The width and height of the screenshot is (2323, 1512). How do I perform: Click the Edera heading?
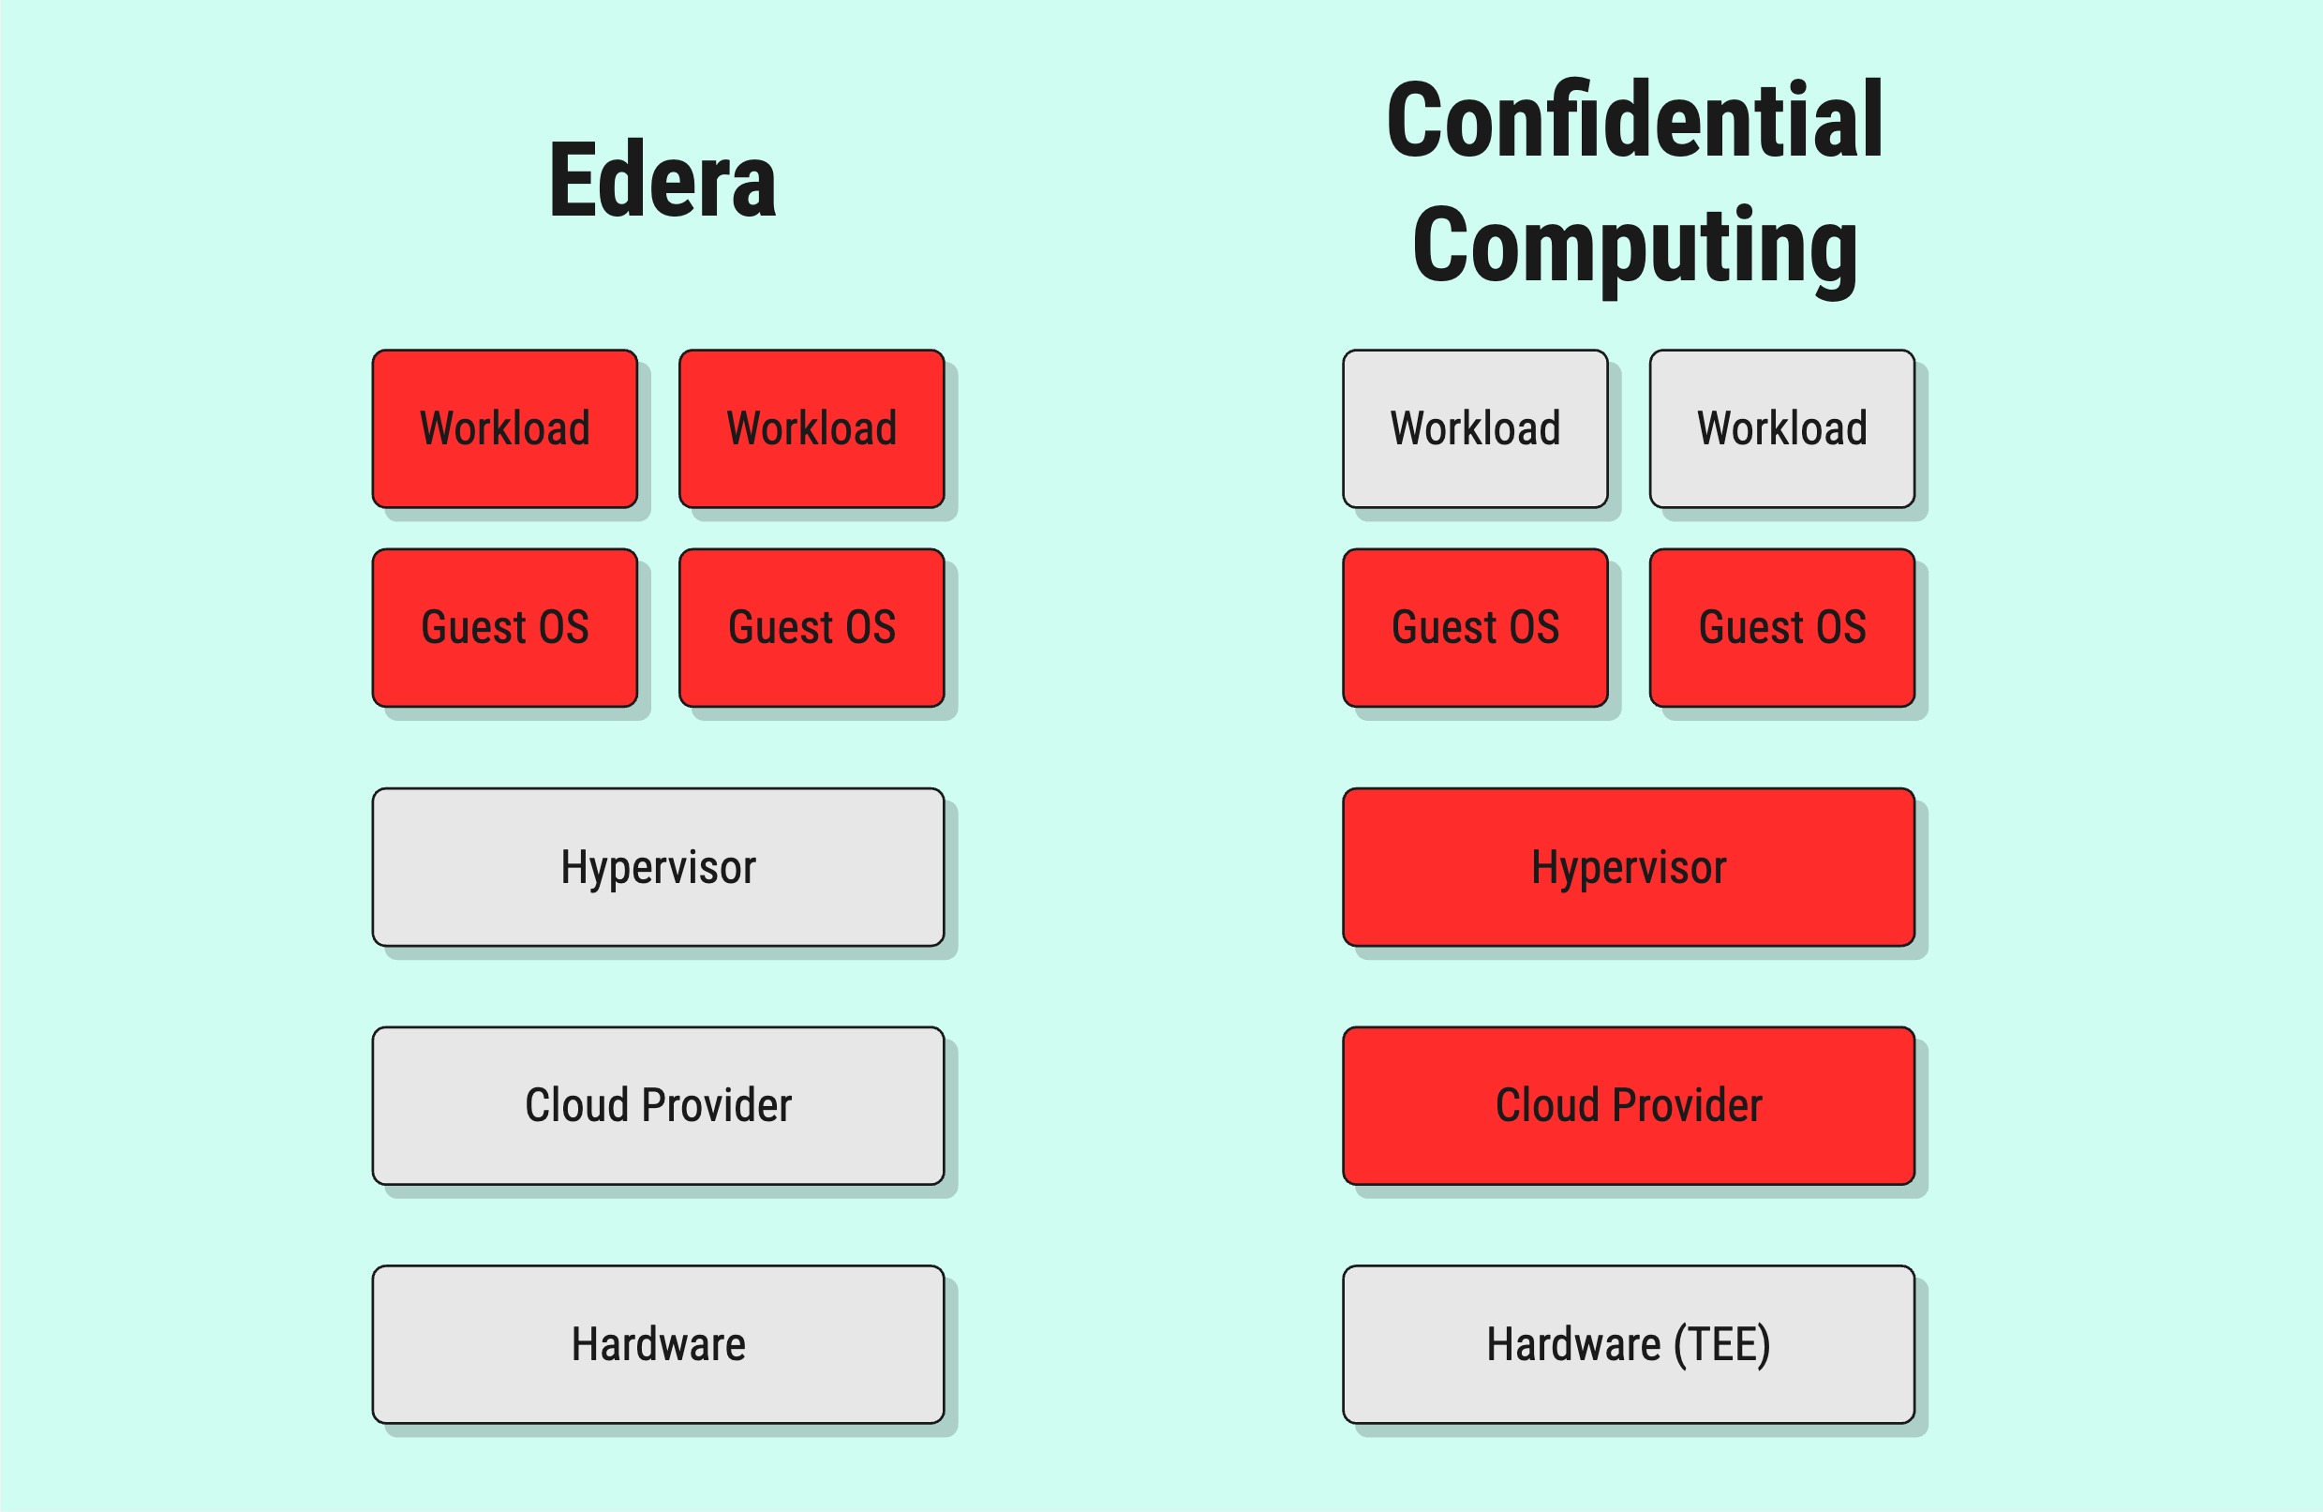662,181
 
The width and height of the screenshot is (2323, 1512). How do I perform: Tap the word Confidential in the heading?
1634,120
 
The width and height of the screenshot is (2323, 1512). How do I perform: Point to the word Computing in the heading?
1634,246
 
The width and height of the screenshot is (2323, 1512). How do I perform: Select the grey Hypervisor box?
658,867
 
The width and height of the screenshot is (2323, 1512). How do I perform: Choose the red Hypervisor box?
1628,867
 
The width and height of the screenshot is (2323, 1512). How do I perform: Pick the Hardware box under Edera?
658,1344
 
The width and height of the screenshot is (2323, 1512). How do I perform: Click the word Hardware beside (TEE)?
1572,1344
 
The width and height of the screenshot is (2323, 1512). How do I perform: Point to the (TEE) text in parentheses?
1720,1344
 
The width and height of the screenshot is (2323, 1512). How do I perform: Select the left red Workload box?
505,428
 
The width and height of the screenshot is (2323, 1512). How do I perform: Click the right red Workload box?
812,428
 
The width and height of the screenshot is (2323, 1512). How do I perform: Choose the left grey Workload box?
1475,428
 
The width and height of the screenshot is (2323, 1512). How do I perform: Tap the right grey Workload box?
1781,428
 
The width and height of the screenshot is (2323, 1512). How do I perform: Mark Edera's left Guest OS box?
505,628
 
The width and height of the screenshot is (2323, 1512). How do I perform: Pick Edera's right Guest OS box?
812,628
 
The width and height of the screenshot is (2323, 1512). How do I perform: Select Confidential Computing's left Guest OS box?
1475,628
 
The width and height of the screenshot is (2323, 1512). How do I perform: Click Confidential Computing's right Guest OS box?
1781,628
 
